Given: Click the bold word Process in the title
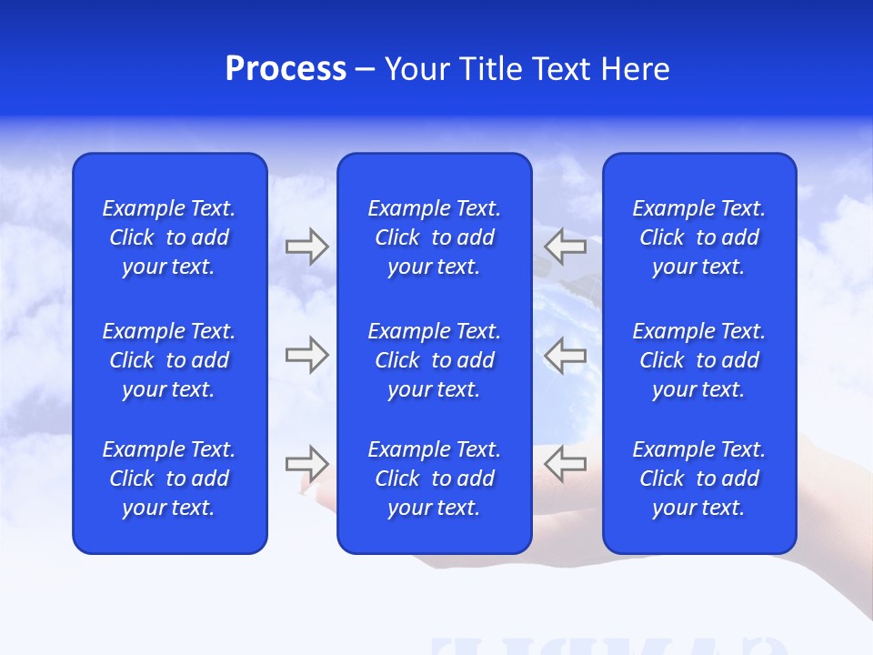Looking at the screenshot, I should pyautogui.click(x=286, y=69).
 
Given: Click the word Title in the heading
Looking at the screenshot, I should pyautogui.click(x=489, y=69).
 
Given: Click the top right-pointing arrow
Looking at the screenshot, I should pyautogui.click(x=306, y=247).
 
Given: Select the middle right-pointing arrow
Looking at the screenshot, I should pyautogui.click(x=306, y=355).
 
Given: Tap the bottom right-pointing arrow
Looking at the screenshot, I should pyautogui.click(x=306, y=464).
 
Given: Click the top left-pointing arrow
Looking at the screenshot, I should pyautogui.click(x=565, y=247).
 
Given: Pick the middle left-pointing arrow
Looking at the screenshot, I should pyautogui.click(x=565, y=355).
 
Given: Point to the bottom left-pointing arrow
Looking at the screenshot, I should pyautogui.click(x=565, y=464).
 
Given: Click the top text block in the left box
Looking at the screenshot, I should pyautogui.click(x=169, y=237).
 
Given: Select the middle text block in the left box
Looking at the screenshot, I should pyautogui.click(x=169, y=360).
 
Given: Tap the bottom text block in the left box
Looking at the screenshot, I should pyautogui.click(x=169, y=479).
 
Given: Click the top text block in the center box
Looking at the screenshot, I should pyautogui.click(x=434, y=237).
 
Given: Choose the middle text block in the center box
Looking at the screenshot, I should pyautogui.click(x=434, y=360).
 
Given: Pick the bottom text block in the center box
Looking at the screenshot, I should pyautogui.click(x=434, y=479).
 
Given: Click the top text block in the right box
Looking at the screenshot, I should pyautogui.click(x=698, y=237).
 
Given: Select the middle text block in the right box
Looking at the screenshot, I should pyautogui.click(x=698, y=360).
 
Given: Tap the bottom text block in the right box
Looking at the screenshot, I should pyautogui.click(x=698, y=479).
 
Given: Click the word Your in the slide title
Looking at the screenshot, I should pyautogui.click(x=416, y=69).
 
